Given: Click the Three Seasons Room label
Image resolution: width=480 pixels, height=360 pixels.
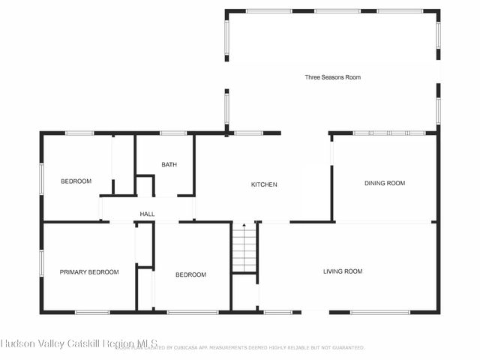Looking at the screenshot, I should [332, 77].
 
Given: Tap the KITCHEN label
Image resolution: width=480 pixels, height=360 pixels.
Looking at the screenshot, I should [264, 184].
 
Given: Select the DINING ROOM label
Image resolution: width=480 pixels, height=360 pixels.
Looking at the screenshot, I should [385, 183].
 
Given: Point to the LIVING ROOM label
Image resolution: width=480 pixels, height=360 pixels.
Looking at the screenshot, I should [343, 271].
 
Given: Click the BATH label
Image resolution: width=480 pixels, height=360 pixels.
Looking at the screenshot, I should [169, 164].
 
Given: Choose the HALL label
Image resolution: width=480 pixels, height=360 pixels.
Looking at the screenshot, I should [147, 214].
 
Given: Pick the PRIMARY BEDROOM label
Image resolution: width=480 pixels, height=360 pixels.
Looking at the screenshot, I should [89, 272].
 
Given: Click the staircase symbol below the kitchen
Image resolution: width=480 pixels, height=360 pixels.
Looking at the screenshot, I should [244, 248].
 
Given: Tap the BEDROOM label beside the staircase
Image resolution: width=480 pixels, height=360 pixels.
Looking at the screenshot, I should [190, 274].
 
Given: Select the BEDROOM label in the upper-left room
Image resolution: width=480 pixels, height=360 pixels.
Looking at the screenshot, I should [76, 181].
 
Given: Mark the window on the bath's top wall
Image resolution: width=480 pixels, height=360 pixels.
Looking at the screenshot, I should [173, 133].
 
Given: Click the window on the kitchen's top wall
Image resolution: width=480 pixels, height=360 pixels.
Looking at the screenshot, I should [247, 133].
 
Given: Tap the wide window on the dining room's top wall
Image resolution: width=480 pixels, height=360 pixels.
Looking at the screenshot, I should [389, 133].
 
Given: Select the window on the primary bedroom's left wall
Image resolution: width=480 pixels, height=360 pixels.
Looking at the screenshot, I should [41, 266].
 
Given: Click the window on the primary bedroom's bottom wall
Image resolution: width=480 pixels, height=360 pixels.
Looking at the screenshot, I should [92, 312].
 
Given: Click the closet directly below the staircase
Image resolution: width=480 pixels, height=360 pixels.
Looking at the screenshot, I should [244, 292].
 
